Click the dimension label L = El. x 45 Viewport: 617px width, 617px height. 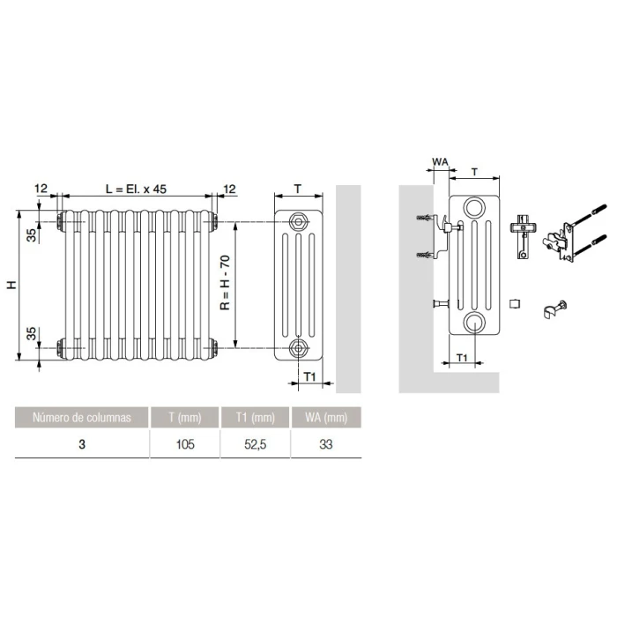(x=136, y=189)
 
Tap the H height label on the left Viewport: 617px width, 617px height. (x=11, y=285)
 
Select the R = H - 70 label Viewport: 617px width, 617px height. (x=225, y=283)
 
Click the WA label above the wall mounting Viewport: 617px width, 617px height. (x=440, y=161)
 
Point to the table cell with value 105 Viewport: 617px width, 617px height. (x=185, y=444)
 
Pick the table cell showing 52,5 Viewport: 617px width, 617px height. (x=255, y=444)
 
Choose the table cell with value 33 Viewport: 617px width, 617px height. (x=326, y=444)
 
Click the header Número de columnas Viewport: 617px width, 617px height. (x=81, y=417)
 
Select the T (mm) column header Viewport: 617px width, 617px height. (x=185, y=417)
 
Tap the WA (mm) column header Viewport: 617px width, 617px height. (x=326, y=417)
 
